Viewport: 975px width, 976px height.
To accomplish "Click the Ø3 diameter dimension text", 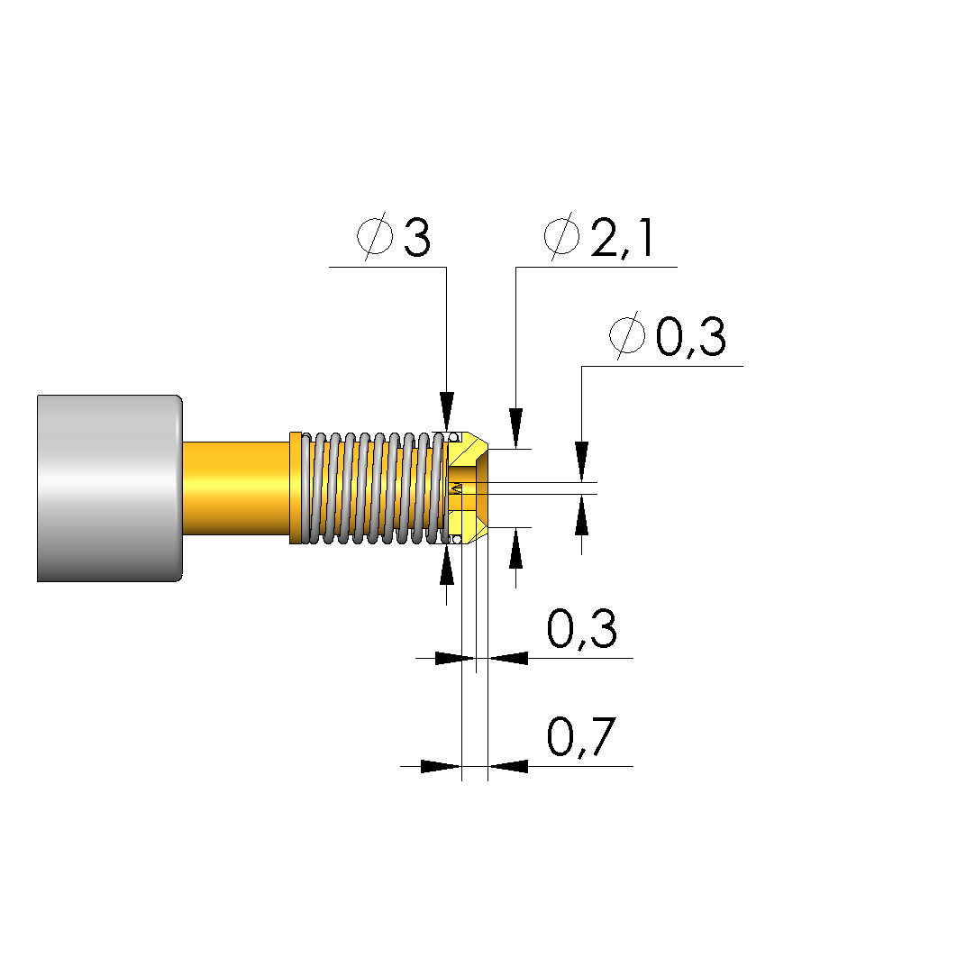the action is pos(393,236).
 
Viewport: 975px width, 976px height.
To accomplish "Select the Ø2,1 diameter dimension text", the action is pos(598,236).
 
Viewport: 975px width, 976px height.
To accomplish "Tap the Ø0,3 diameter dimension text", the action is pos(668,336).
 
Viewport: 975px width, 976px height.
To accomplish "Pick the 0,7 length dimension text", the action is pos(582,737).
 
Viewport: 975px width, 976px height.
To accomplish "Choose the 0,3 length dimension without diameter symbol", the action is pos(582,629).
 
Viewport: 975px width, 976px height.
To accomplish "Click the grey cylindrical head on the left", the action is pos(110,488).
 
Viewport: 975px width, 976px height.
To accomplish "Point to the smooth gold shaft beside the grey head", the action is pos(236,488).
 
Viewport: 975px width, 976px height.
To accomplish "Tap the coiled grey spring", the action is pos(375,488).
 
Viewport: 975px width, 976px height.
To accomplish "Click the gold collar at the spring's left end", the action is pos(296,488).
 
